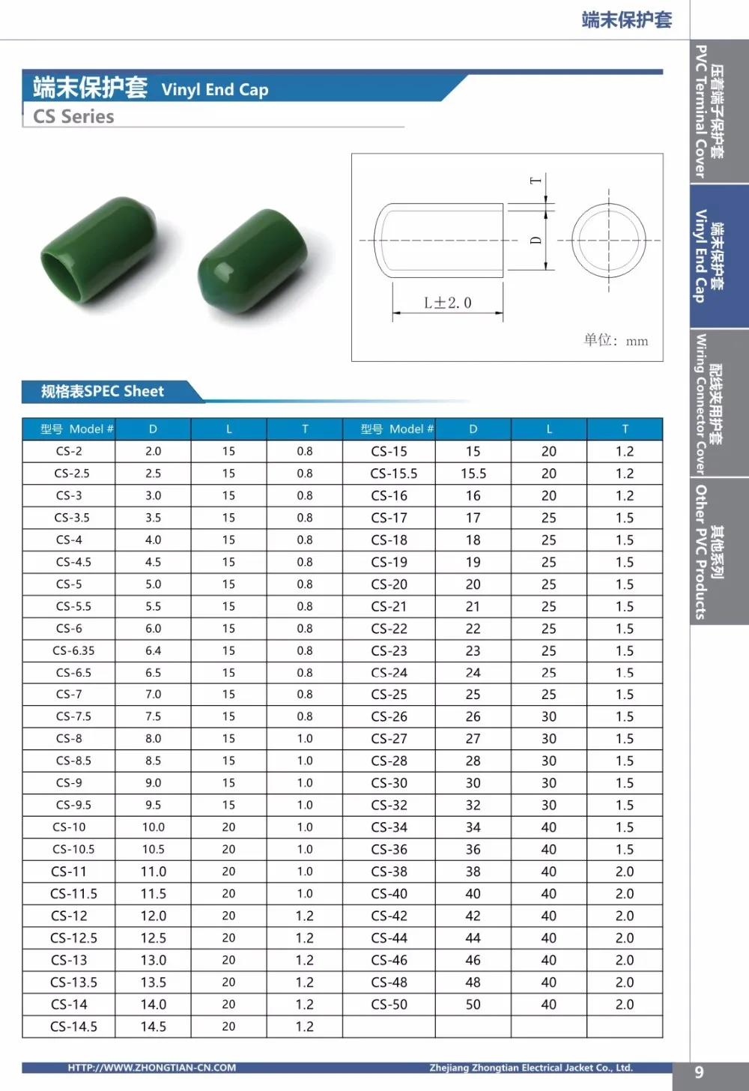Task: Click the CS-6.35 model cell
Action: click(x=73, y=650)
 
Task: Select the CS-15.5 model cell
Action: click(x=393, y=474)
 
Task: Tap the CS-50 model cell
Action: click(x=389, y=1004)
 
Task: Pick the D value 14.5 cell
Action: click(x=153, y=1027)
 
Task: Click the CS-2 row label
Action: click(x=69, y=451)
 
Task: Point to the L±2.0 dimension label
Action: click(x=447, y=303)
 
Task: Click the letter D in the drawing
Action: click(x=535, y=241)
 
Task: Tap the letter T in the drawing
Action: click(x=535, y=181)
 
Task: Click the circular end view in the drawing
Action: click(x=608, y=241)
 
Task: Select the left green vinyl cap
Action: click(x=100, y=248)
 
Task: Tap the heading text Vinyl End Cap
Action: click(x=214, y=90)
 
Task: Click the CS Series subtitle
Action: click(x=73, y=117)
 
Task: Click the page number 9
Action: click(x=699, y=1072)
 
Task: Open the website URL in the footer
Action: click(x=151, y=1068)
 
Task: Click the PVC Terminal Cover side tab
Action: click(x=709, y=112)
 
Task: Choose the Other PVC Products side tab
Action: click(x=709, y=551)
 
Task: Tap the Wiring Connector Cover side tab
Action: click(x=709, y=404)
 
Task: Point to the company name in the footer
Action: click(x=530, y=1068)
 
